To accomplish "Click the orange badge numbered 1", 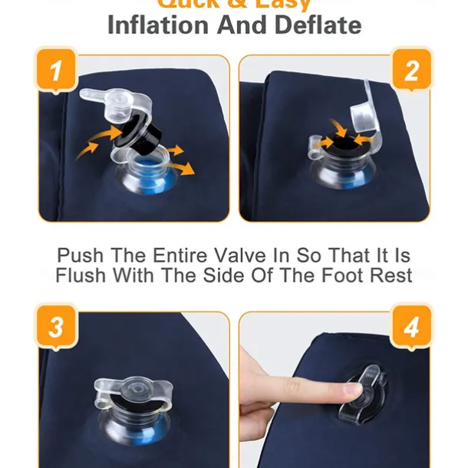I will pos(56,72).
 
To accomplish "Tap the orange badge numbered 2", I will pos(411,72).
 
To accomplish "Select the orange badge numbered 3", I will pos(56,328).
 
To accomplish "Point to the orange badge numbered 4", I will pos(411,328).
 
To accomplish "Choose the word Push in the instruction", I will pos(80,255).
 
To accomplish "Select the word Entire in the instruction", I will pos(160,255).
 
